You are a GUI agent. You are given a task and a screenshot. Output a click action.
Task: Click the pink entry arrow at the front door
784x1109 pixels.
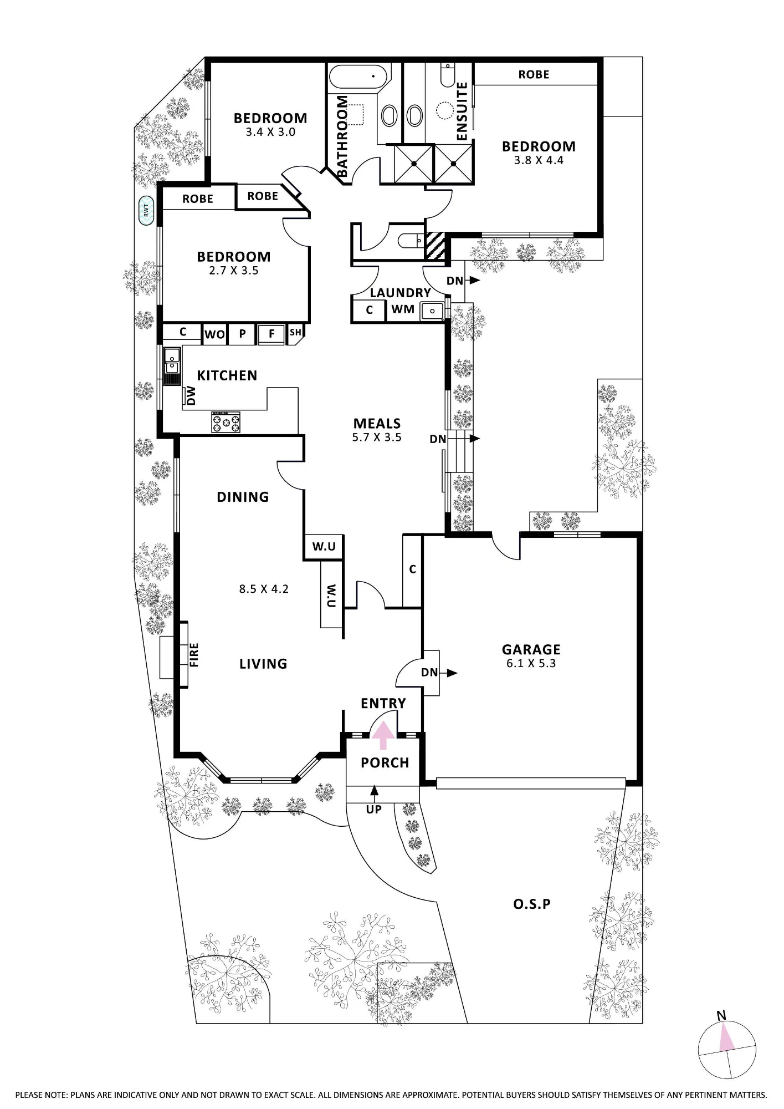[383, 735]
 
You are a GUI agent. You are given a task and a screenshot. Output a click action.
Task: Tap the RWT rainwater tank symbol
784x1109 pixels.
[146, 210]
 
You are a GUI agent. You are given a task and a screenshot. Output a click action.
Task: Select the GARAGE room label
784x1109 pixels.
[531, 649]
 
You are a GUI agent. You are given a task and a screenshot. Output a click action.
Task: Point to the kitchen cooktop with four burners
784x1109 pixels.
[226, 423]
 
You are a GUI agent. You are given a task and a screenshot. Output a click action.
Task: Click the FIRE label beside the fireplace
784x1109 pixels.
[194, 655]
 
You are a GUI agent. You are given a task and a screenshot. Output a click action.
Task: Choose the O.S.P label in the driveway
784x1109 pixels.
[531, 904]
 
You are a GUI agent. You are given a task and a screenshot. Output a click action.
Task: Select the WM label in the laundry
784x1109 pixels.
[403, 309]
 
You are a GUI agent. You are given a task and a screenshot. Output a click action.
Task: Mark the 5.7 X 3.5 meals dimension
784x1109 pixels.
[377, 437]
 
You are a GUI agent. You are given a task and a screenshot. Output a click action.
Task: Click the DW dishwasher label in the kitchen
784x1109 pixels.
[191, 396]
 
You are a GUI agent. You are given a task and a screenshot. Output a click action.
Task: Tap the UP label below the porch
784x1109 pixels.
[374, 809]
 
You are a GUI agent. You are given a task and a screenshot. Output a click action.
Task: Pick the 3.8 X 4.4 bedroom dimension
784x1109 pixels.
[539, 160]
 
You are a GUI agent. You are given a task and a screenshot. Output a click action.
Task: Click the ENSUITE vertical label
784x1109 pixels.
[462, 111]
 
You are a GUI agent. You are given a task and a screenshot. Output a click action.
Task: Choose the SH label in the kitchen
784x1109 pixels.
[296, 332]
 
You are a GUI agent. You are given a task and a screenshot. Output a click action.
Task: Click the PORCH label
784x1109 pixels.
[385, 762]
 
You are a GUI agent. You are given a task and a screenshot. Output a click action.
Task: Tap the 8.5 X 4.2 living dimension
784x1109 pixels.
[264, 589]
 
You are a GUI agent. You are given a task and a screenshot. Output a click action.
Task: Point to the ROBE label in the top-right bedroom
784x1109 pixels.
[534, 74]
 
